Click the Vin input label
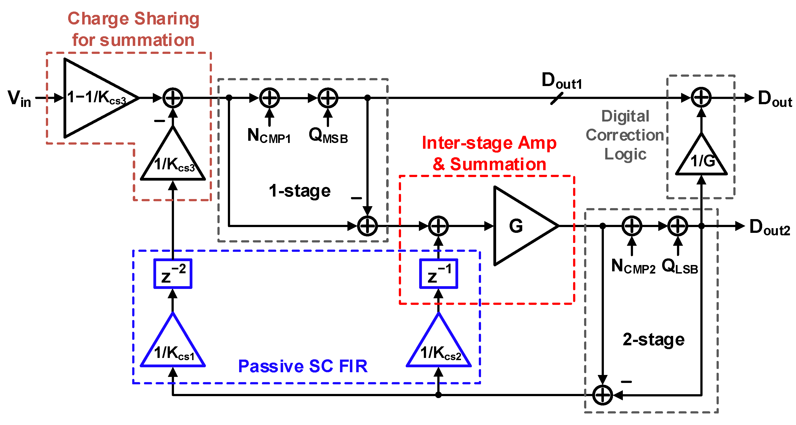coord(19,99)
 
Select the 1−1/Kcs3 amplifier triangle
coord(96,98)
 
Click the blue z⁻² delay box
coord(173,274)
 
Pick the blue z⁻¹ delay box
coord(438,274)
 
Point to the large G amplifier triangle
coord(519,226)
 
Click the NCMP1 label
coord(269,136)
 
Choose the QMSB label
coord(328,136)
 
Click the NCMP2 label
coord(633,266)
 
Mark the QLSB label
coord(679,266)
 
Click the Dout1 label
coord(562,81)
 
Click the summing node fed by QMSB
coord(328,98)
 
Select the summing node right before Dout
coord(701,98)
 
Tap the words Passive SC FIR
coord(303,366)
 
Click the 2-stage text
coord(654,340)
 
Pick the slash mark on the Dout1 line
coord(557,99)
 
